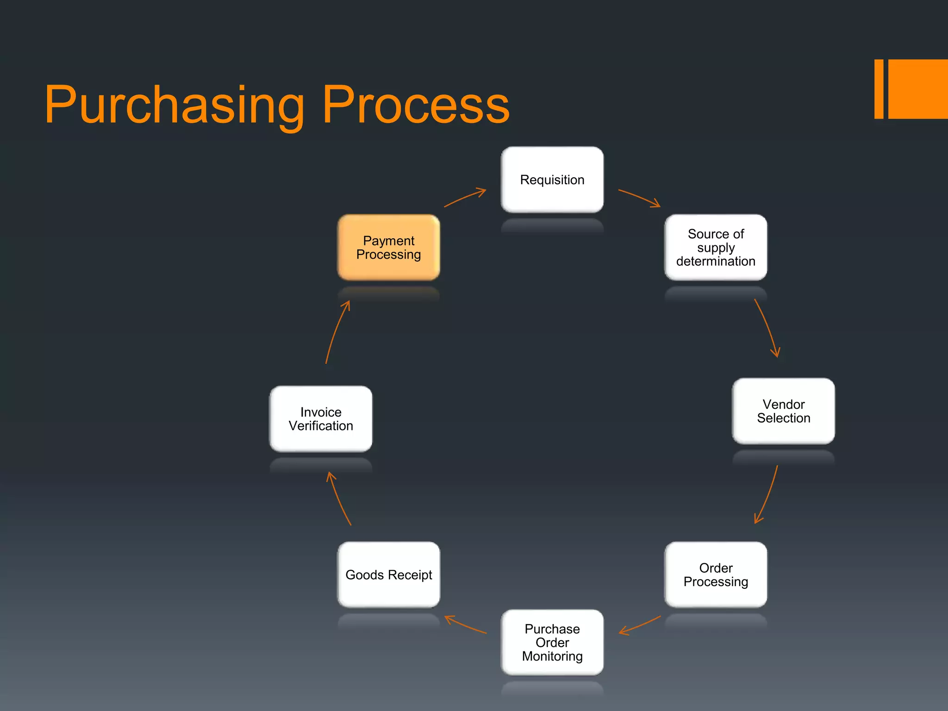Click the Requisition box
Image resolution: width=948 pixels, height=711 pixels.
point(552,180)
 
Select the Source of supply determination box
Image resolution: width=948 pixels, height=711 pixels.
point(716,247)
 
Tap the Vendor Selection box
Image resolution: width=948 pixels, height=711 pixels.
point(783,411)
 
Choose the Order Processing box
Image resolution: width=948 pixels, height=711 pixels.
point(716,574)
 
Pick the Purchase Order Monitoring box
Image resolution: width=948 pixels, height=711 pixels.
point(552,642)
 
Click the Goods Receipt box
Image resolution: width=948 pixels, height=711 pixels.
point(388,574)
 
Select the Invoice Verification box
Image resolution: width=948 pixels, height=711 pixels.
point(321,418)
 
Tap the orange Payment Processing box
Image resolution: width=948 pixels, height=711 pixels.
point(388,247)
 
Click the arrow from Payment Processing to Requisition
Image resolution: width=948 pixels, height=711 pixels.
point(465,197)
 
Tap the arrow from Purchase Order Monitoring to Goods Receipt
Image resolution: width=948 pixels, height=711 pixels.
point(465,625)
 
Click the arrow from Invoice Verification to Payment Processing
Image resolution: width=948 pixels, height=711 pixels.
point(336,331)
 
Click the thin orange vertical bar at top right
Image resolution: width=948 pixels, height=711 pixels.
point(879,89)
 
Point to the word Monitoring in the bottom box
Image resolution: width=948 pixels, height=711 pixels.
point(552,656)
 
